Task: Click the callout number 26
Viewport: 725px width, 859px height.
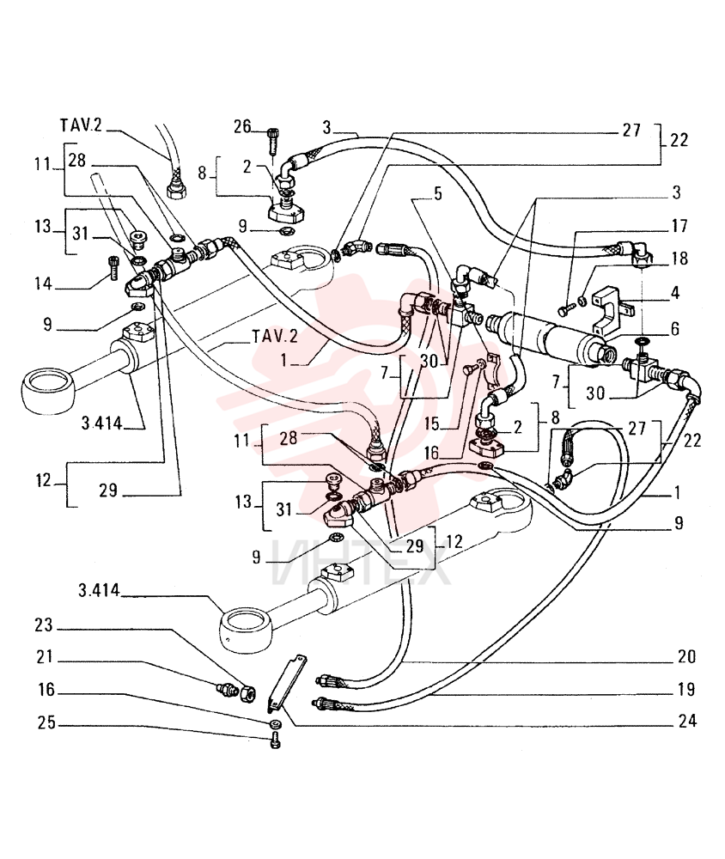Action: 242,126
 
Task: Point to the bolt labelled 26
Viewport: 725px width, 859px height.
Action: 273,141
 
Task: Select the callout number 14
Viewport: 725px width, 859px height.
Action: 43,283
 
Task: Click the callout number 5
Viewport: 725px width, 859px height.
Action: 437,194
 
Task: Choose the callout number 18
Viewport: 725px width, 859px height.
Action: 679,258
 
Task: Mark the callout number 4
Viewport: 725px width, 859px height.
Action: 675,292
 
